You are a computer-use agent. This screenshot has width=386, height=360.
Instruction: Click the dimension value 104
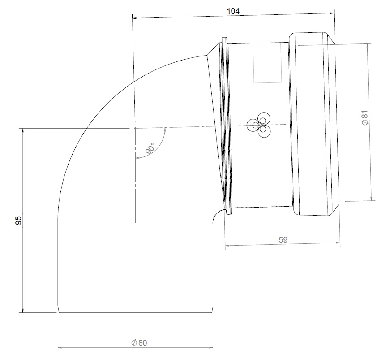pos(233,12)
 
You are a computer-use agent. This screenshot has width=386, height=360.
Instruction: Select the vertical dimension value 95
pos(18,220)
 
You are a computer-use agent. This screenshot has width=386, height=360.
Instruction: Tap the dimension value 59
pos(283,239)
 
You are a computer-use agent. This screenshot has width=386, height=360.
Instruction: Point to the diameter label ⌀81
pos(365,117)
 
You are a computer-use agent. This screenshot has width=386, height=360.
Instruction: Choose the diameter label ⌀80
pos(139,343)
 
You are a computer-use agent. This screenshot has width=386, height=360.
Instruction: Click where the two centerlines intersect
pos(134,128)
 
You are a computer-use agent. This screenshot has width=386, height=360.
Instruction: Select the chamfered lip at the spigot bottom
pos(135,309)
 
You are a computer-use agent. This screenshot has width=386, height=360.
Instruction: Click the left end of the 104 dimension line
pos(133,18)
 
